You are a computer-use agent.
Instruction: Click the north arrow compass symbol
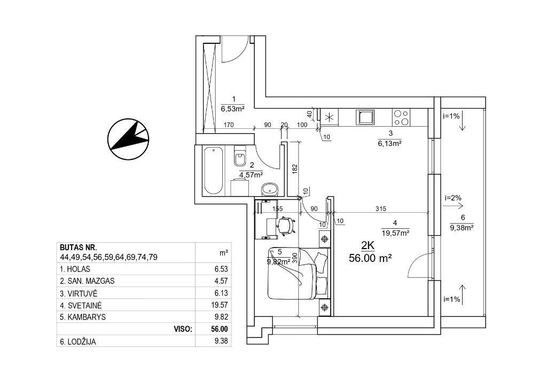(x=128, y=139)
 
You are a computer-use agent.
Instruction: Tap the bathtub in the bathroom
(x=213, y=171)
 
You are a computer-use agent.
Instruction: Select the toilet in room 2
(x=240, y=156)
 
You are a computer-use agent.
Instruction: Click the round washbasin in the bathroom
(x=269, y=189)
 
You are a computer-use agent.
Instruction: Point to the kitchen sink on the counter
(x=365, y=117)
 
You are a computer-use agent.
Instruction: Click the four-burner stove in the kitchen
(x=401, y=117)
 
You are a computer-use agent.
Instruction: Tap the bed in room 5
(x=298, y=273)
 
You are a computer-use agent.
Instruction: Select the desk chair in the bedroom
(x=286, y=225)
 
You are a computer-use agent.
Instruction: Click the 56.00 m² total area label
(x=370, y=258)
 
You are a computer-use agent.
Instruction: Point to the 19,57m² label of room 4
(x=396, y=233)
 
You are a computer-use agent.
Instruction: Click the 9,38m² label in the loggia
(x=462, y=228)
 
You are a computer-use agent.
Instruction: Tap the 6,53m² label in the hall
(x=233, y=109)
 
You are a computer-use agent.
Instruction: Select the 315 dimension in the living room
(x=381, y=208)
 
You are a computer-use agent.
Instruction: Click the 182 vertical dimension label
(x=295, y=168)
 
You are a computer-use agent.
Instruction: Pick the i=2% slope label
(x=453, y=198)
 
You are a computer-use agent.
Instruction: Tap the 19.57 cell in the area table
(x=220, y=305)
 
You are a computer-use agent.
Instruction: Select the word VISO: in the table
(x=183, y=329)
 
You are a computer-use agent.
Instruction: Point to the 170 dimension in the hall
(x=229, y=125)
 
